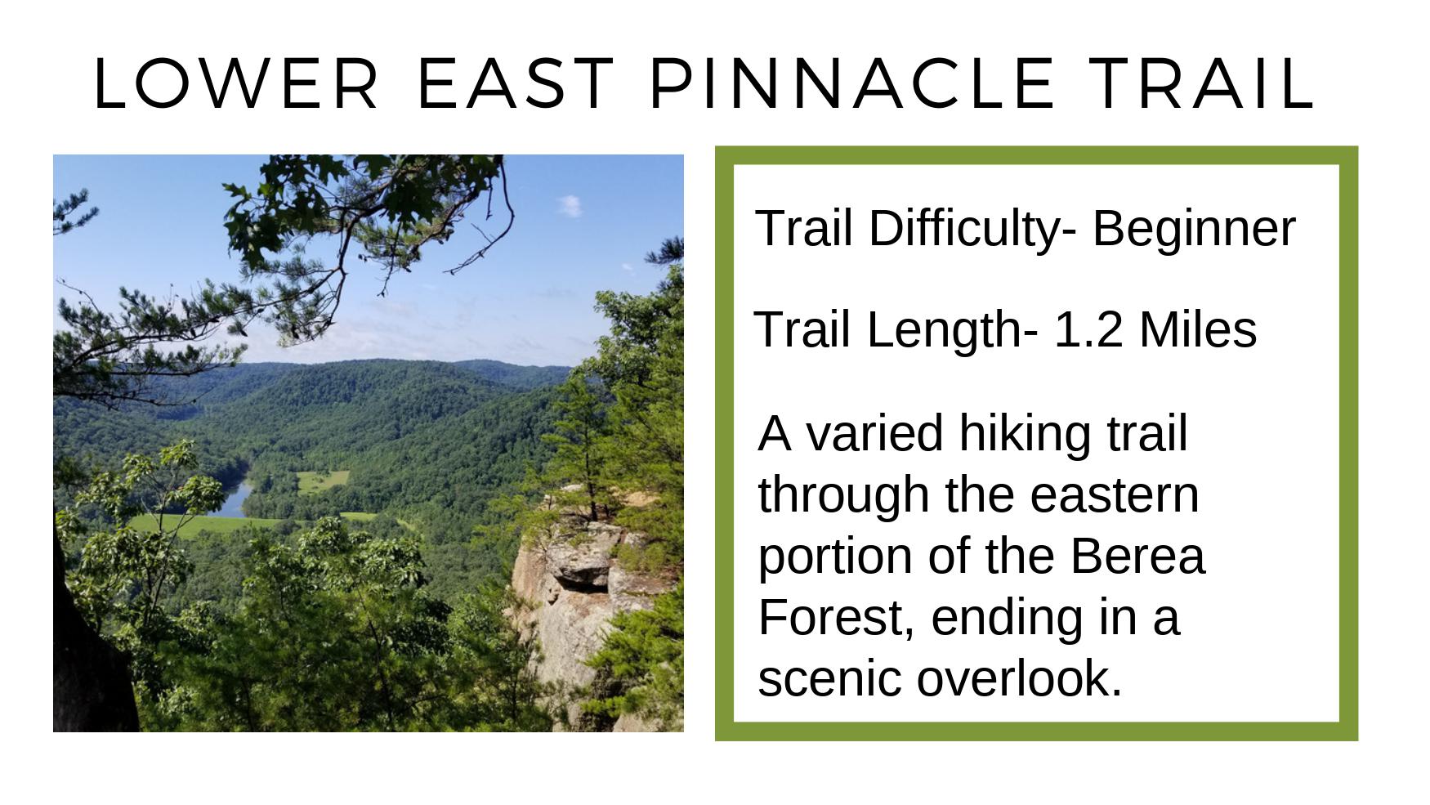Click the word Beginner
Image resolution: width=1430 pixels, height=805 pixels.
click(1194, 229)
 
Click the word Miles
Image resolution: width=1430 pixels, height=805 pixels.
click(1198, 329)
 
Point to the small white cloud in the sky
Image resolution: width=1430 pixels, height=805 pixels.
click(571, 205)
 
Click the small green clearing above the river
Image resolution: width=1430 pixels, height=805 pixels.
click(321, 481)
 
